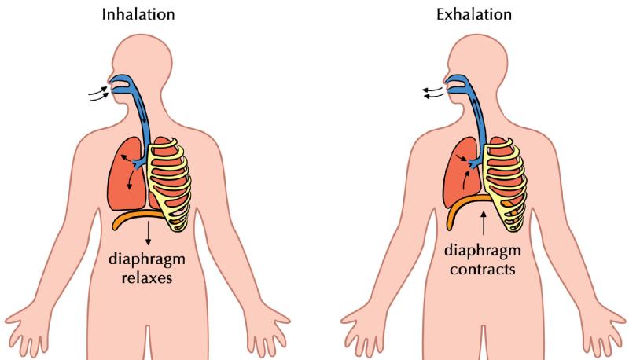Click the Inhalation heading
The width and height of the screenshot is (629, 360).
pos(138,14)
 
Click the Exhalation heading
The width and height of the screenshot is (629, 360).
pos(474,14)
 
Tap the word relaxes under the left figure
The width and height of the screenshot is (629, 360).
pos(147,277)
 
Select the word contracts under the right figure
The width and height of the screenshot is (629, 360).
pos(482,269)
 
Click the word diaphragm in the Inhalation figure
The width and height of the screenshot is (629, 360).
pos(147,259)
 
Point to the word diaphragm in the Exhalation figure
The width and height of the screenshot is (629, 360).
pos(483,252)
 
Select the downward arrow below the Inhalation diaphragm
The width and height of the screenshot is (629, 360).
pos(149,233)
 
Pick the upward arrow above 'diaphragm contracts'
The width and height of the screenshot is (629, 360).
pos(484,223)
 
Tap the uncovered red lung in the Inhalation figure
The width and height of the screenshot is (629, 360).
pos(125,174)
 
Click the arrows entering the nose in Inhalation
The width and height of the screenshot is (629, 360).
pos(99,94)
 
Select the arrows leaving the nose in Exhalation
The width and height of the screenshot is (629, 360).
pos(433,93)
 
